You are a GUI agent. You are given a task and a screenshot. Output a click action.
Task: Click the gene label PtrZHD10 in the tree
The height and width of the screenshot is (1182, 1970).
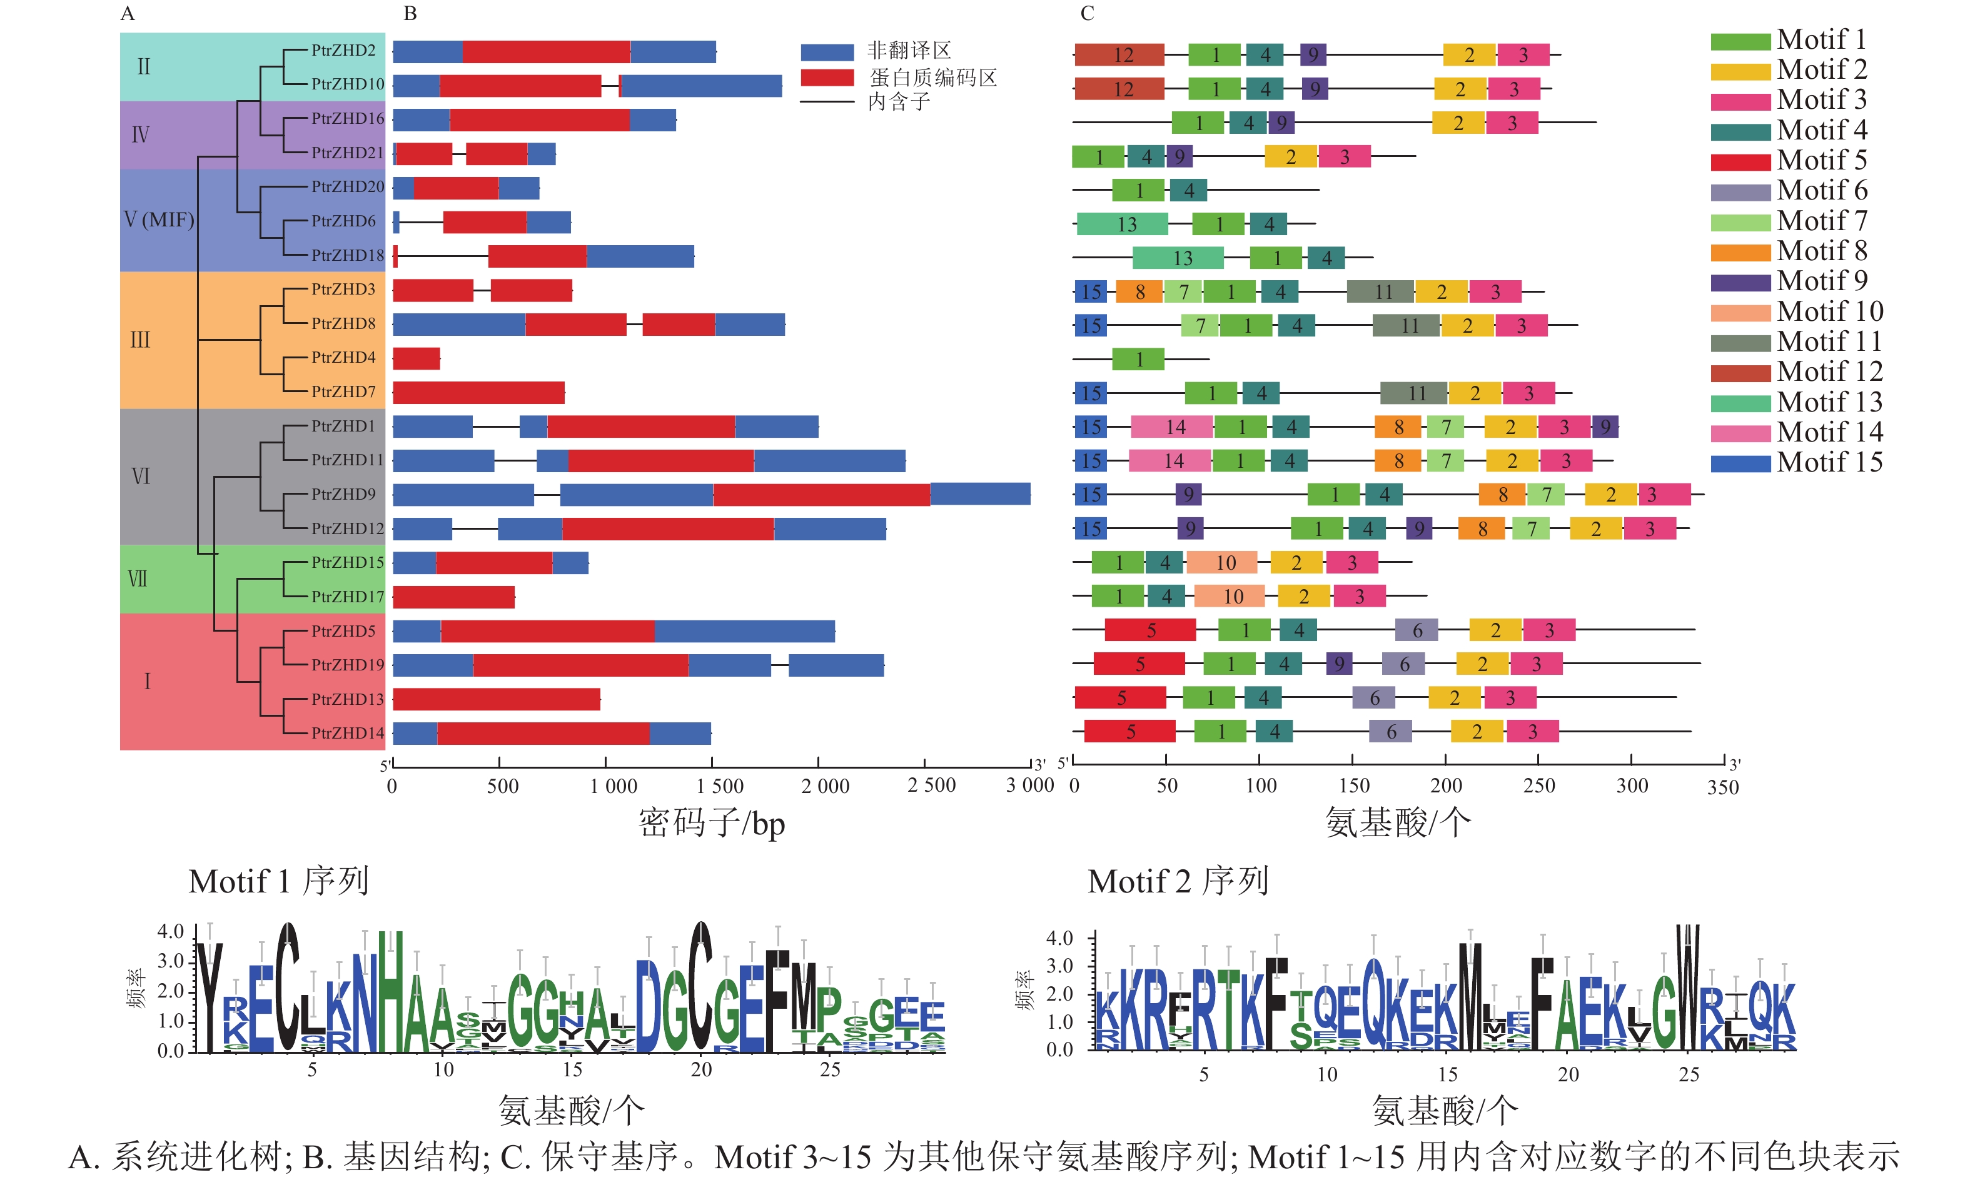tap(347, 84)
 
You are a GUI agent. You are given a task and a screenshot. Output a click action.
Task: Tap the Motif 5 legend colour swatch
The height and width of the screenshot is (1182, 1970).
tap(1740, 162)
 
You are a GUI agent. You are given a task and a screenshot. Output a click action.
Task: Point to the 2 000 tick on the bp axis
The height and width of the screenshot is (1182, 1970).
tap(818, 765)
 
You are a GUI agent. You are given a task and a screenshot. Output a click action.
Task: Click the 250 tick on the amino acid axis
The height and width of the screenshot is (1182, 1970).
tap(1538, 760)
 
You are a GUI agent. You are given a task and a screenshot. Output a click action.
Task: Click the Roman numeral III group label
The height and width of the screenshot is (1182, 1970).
tap(140, 340)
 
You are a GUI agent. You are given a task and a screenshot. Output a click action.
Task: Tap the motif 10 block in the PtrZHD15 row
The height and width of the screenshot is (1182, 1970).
tap(1221, 562)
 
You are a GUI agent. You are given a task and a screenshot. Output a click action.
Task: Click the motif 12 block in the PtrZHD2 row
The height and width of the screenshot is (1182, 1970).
tap(1119, 55)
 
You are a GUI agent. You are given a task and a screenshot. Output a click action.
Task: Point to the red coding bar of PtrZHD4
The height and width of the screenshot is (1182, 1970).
tap(417, 358)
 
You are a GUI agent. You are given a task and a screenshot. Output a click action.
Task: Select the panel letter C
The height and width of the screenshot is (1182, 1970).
tap(1087, 14)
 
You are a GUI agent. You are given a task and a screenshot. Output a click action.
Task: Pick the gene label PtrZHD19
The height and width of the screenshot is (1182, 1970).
tap(347, 664)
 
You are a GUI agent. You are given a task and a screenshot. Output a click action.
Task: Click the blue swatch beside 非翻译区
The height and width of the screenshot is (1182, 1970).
tap(827, 53)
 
